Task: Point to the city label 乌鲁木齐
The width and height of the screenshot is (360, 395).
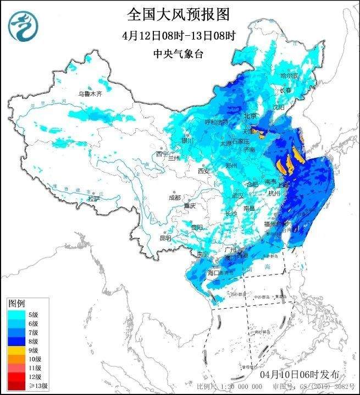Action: tap(89, 94)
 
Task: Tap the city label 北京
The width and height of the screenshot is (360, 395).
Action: tap(250, 116)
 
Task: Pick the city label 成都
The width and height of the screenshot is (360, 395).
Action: tap(174, 197)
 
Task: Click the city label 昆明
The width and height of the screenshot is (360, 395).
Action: tap(165, 238)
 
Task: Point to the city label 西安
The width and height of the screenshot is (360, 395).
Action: tap(204, 171)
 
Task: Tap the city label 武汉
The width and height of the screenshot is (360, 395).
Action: tap(237, 195)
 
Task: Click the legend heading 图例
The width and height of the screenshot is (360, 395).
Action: tap(16, 303)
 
